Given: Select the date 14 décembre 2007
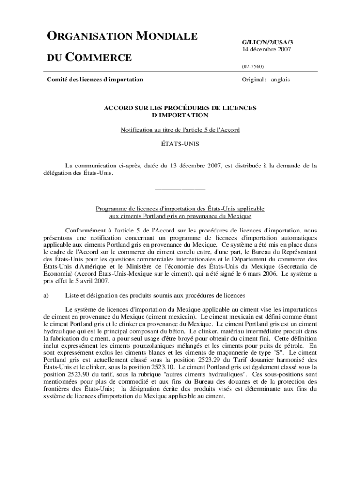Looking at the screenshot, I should [266, 49].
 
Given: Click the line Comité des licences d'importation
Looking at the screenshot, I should [95, 80].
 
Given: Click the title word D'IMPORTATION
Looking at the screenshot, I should [180, 115].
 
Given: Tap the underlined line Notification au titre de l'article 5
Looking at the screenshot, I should [180, 130].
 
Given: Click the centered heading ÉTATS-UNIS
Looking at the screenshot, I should [180, 144].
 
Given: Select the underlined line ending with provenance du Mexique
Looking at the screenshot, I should [180, 216].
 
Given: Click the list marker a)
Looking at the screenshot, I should [46, 295].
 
